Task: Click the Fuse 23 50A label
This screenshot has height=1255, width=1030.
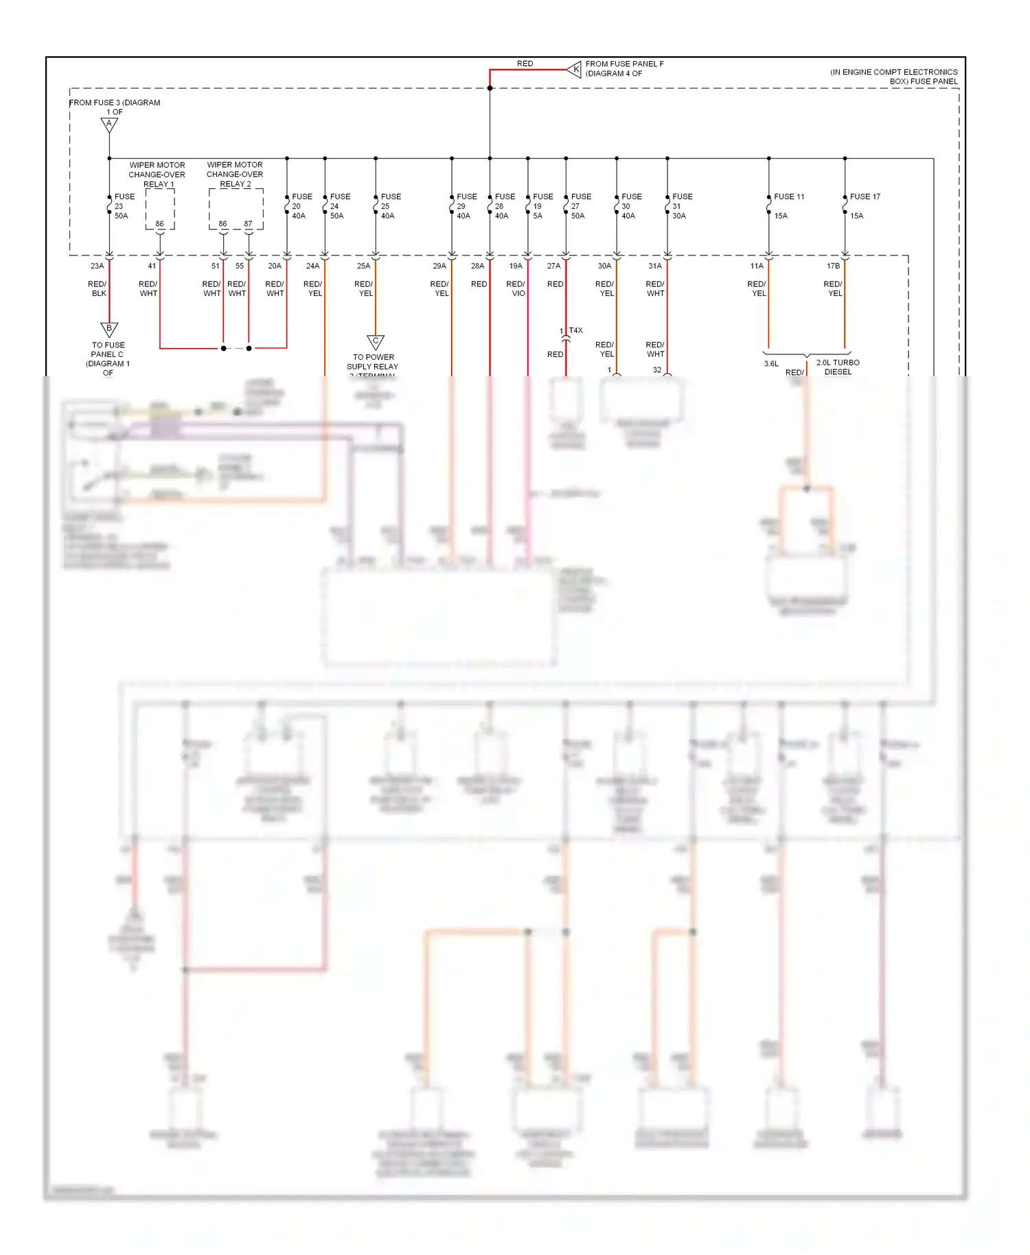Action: click(x=124, y=206)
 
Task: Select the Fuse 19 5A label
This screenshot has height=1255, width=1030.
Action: click(x=542, y=206)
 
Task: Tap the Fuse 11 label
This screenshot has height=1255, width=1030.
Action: click(x=788, y=197)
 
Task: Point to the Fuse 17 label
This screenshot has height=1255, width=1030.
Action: click(x=865, y=197)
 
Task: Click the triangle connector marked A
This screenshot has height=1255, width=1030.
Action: click(x=109, y=124)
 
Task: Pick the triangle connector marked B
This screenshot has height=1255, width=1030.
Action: click(x=109, y=329)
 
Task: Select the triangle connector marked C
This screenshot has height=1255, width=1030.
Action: click(x=376, y=341)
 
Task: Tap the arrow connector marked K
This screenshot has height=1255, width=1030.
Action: click(x=575, y=69)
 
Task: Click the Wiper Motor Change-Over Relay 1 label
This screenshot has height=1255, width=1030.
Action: click(x=157, y=174)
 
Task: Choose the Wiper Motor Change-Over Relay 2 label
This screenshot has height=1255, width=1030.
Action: click(x=235, y=174)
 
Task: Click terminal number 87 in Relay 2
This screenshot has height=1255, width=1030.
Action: click(x=248, y=224)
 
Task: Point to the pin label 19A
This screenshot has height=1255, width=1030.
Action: click(x=516, y=266)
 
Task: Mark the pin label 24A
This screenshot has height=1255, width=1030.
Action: click(x=312, y=266)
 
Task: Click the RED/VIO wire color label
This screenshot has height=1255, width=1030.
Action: click(x=516, y=288)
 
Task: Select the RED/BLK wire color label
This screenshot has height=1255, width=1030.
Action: click(x=98, y=288)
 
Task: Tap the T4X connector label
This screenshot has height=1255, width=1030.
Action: click(x=575, y=330)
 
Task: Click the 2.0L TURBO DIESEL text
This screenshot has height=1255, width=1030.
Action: click(x=838, y=367)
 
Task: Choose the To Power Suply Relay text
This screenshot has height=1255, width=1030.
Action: click(x=373, y=362)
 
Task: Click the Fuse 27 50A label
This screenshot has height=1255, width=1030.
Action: click(x=580, y=206)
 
